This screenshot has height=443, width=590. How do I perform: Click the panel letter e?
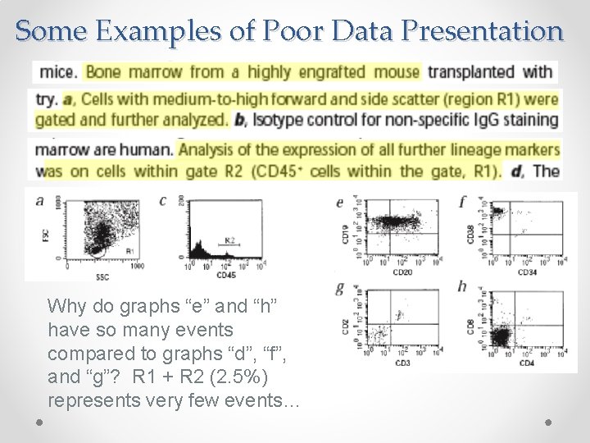340,203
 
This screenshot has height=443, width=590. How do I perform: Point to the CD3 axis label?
402,362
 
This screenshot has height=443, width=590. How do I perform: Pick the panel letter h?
463,286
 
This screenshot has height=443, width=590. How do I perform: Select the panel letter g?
340,288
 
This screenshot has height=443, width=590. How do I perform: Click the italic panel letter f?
464,201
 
